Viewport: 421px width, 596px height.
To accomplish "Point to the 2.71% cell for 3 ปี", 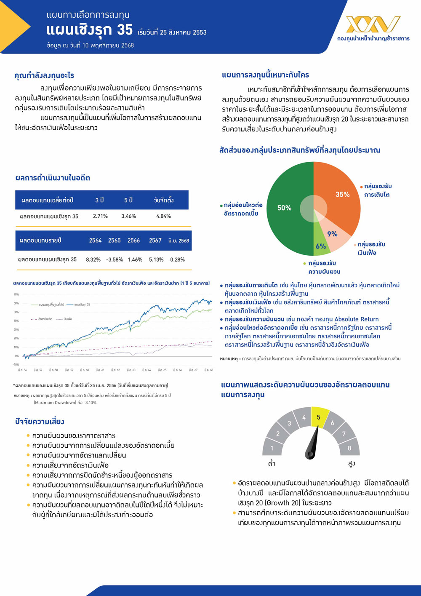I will (x=100, y=216).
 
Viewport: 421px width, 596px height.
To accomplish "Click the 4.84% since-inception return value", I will (x=163, y=216).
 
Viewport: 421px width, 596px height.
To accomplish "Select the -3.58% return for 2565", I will (x=114, y=259).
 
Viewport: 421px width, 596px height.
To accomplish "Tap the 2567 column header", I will (x=155, y=241).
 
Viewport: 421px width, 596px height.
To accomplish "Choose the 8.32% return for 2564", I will (x=93, y=259).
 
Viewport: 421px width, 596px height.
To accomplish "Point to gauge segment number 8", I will (x=349, y=448).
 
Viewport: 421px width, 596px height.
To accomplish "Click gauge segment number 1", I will (x=272, y=448).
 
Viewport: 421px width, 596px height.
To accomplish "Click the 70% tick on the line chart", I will (x=16, y=294).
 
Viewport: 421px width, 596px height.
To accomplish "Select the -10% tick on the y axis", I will (x=16, y=365).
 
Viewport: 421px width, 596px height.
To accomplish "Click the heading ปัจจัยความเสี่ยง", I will (x=40, y=422).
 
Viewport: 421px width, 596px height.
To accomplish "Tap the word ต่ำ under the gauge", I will (x=272, y=463).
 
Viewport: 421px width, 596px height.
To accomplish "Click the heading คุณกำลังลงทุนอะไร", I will (x=44, y=75).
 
